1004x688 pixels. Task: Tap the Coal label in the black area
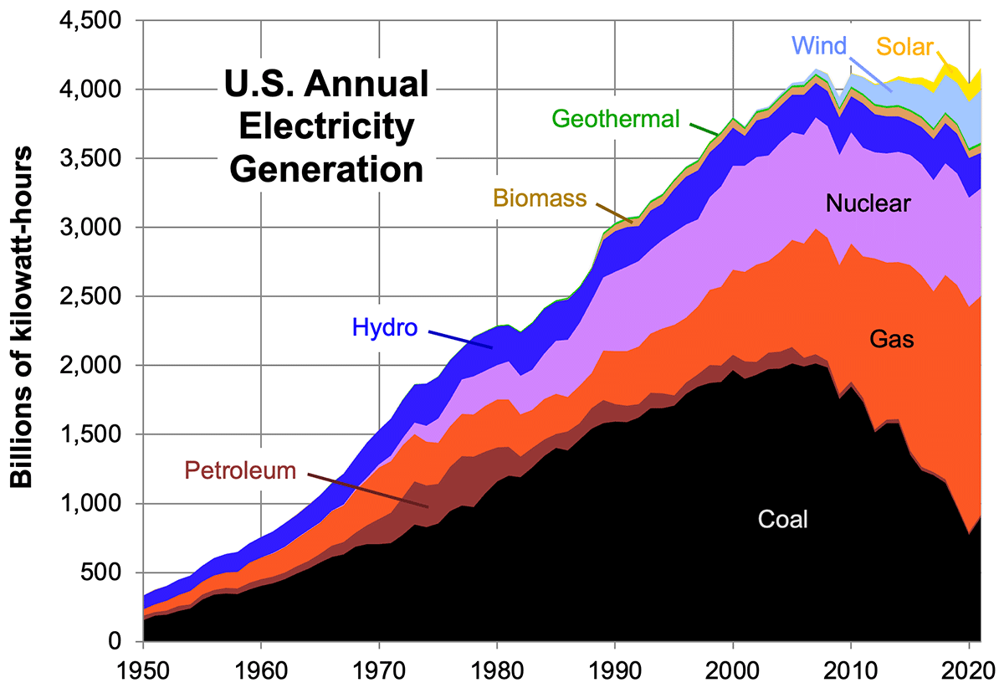[783, 519]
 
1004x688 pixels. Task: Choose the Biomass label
[539, 198]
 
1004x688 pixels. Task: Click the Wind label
[819, 45]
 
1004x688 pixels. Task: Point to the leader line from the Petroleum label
[368, 489]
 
